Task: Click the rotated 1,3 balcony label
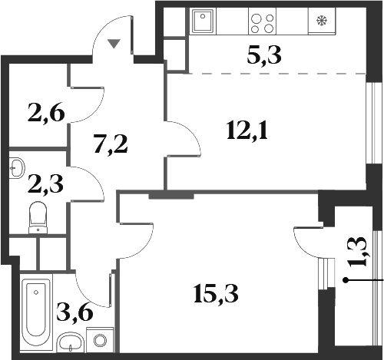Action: click(359, 252)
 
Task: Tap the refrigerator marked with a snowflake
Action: click(322, 21)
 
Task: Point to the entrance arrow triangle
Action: click(114, 44)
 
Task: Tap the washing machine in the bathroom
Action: click(98, 339)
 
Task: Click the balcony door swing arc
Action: click(306, 242)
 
